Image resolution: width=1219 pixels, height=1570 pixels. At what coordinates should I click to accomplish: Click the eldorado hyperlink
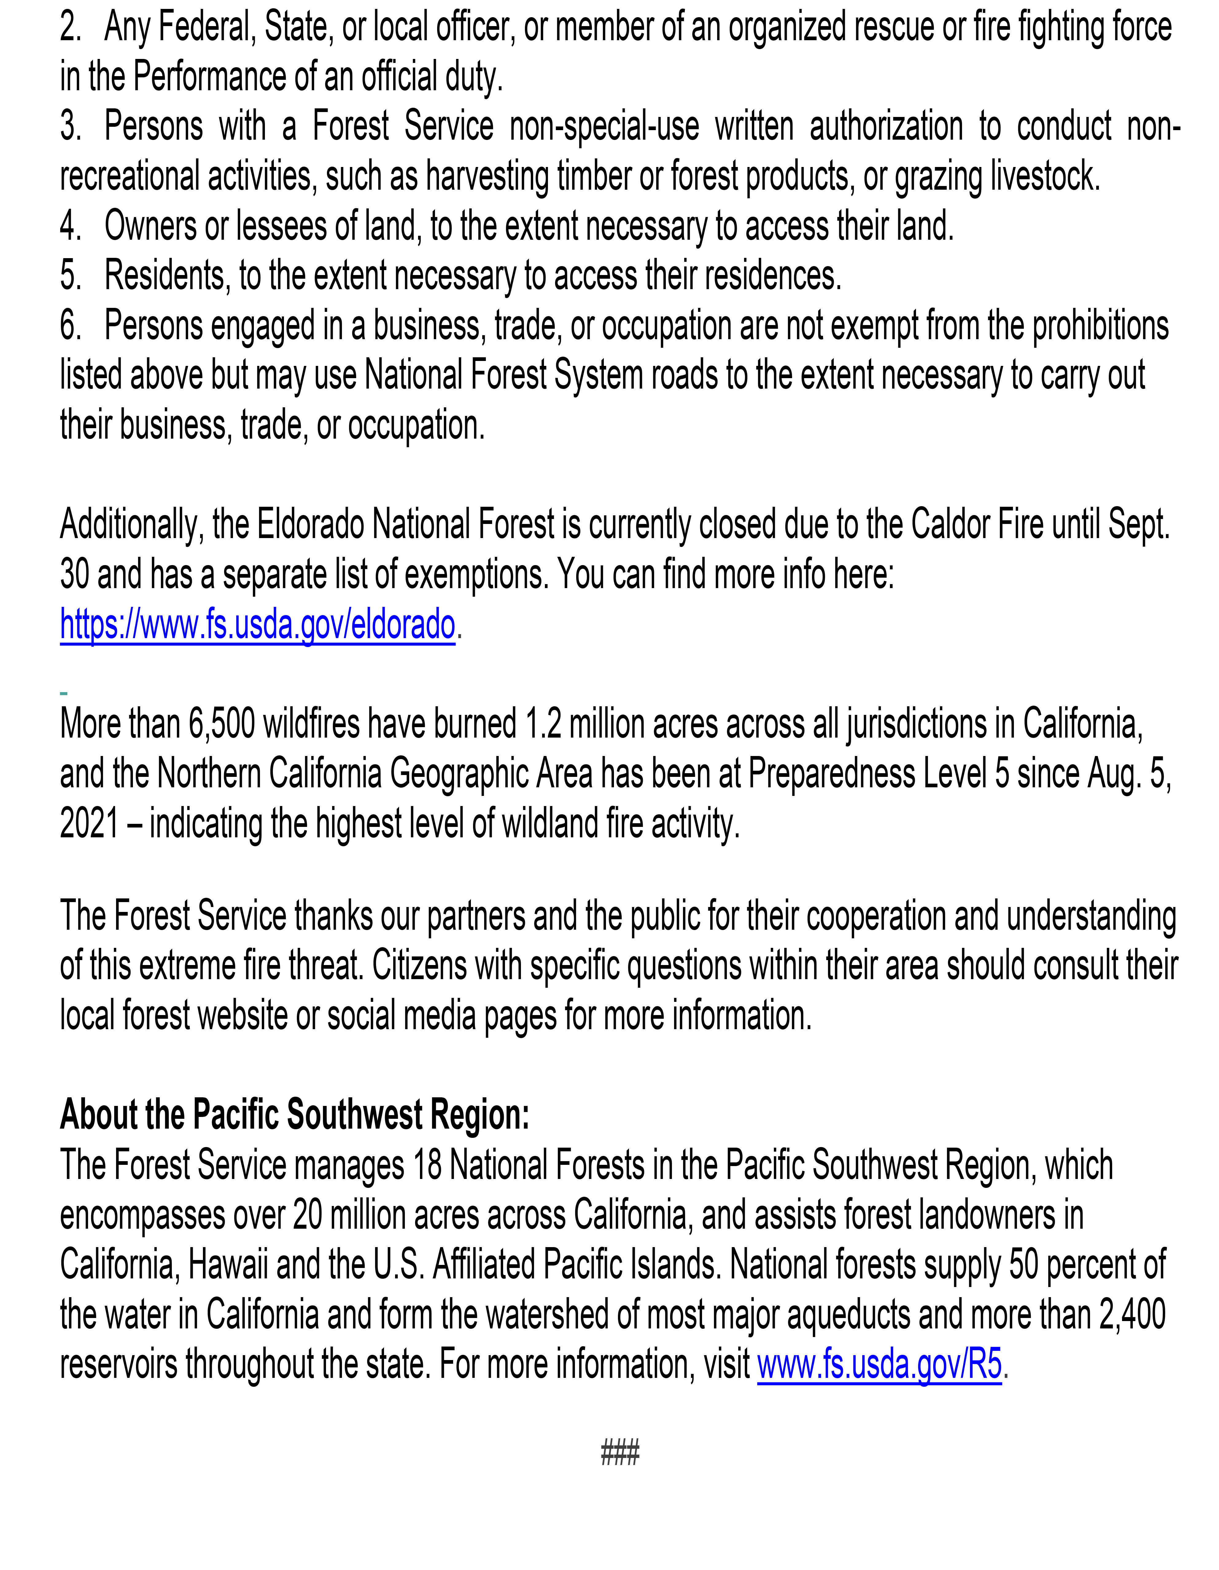[x=257, y=624]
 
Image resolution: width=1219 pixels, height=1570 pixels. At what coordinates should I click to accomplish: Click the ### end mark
[x=619, y=1453]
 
